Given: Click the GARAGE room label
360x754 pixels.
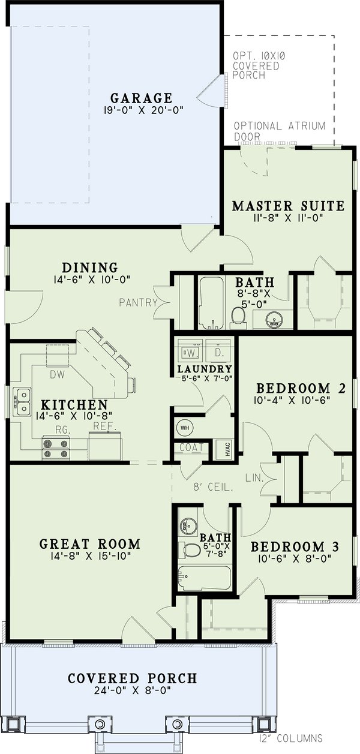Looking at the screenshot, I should [141, 98].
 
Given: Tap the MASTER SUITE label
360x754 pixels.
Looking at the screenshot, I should [288, 206].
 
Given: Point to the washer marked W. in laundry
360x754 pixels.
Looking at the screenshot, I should [190, 350].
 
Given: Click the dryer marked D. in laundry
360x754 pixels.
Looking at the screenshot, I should [218, 350].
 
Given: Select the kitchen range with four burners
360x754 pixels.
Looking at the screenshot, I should [56, 447].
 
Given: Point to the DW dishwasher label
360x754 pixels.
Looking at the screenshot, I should [57, 374].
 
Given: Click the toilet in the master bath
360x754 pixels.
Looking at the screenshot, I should [238, 315].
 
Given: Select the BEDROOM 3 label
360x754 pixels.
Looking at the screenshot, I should [295, 547].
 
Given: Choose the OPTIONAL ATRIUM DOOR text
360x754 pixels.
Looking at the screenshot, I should [279, 131].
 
